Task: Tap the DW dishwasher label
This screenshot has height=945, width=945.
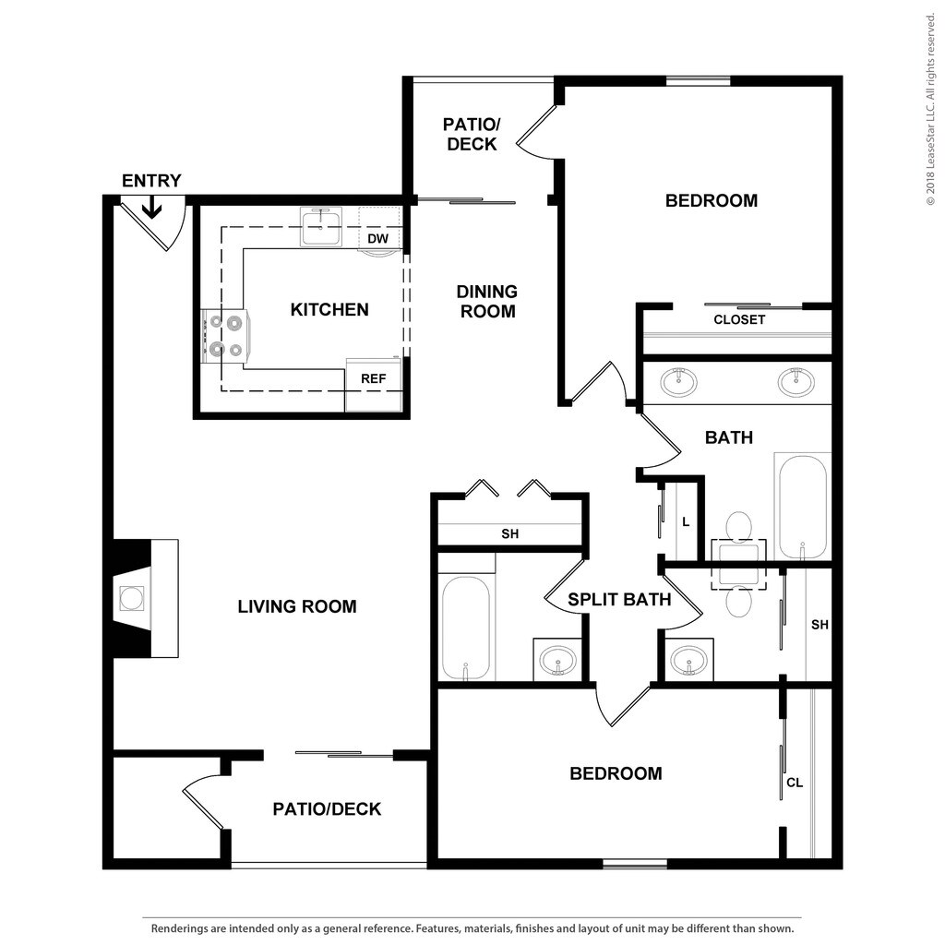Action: (377, 239)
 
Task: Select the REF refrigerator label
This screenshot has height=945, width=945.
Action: (373, 378)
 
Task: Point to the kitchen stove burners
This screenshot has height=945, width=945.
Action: (226, 336)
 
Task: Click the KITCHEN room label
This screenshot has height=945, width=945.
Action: (329, 309)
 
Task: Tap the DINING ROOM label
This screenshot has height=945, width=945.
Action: (487, 302)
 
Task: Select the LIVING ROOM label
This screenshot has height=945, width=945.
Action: (296, 606)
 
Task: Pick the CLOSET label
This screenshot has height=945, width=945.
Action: (739, 319)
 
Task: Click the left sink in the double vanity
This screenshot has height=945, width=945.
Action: (678, 380)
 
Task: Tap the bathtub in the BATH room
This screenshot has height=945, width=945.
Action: (801, 505)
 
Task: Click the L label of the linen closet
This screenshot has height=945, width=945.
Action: (686, 522)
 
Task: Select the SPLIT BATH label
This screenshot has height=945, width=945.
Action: (618, 600)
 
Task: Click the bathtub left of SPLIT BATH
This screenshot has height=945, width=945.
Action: (465, 628)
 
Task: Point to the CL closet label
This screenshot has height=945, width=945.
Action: (794, 783)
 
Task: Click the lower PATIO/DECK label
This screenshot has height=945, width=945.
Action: (327, 809)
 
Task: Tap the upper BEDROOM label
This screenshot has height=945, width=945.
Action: (711, 200)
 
